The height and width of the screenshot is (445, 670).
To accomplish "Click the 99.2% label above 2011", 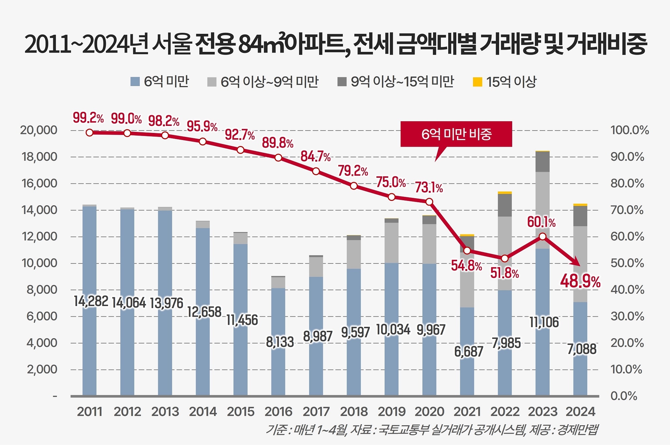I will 88,118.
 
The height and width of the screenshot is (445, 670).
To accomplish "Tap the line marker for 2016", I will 278,157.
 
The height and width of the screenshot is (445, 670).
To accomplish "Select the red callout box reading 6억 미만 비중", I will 456,134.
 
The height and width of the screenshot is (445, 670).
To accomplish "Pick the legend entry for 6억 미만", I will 160,82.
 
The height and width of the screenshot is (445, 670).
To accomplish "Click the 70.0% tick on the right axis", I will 627,210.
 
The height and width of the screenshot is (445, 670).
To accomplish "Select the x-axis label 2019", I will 392,412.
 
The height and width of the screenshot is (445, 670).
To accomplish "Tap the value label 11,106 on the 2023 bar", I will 544,322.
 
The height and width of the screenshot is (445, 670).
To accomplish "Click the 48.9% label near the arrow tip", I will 580,281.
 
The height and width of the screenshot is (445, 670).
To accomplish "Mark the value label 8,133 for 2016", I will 280,342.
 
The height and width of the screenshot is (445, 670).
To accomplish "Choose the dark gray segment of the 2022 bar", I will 505,205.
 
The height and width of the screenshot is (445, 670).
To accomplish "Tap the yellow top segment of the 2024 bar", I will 580,205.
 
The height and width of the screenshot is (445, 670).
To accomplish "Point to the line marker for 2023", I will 543,237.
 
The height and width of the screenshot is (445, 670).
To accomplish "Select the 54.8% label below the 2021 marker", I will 466,266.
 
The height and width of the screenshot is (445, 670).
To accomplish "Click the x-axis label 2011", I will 89,412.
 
